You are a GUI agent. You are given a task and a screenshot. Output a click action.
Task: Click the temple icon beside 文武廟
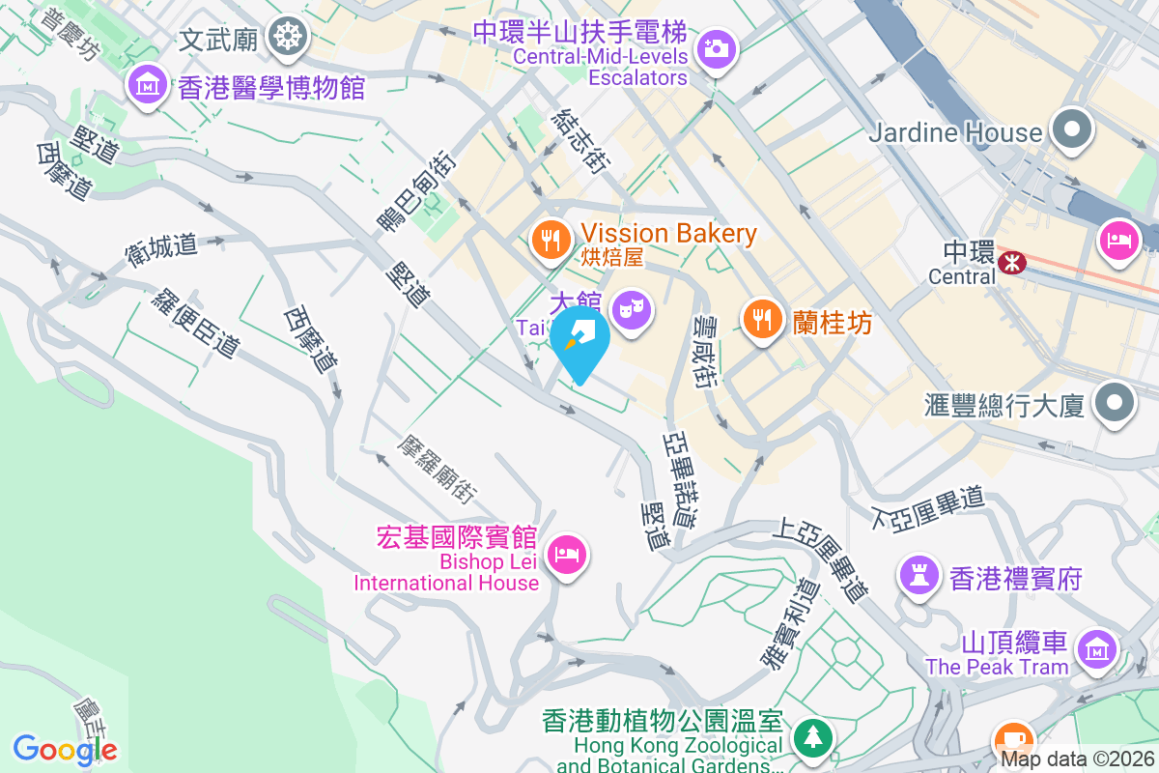coord(287,38)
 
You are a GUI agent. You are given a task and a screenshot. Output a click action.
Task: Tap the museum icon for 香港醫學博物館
coord(148,88)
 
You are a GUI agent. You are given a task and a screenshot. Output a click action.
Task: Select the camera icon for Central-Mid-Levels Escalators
coord(716,46)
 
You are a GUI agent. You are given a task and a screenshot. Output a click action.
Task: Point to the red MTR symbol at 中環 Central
coord(1012,262)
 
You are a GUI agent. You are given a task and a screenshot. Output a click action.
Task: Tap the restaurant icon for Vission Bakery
coord(551,238)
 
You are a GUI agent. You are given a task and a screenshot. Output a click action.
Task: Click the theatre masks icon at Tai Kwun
coord(631,309)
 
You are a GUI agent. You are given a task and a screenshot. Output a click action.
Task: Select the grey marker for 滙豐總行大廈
coord(1114,401)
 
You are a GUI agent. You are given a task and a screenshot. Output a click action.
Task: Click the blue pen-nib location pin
coord(579,341)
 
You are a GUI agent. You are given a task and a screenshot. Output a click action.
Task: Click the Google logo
coord(66,749)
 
